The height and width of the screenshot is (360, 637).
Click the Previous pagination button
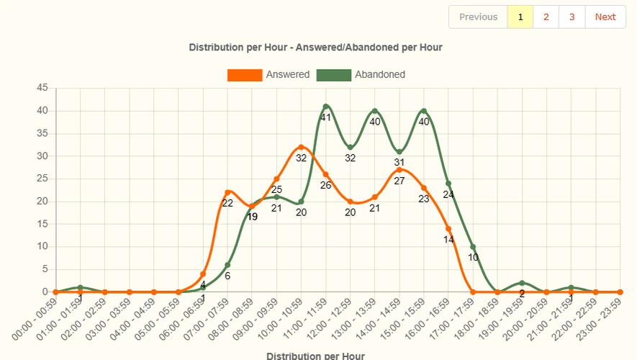coord(478,17)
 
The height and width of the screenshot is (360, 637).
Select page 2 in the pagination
coord(546,17)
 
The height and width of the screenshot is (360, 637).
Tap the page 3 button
coord(572,17)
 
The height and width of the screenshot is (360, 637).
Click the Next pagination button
coord(605,17)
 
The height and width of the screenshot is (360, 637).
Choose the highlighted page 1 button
coord(520,17)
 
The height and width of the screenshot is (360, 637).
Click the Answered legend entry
coord(268,75)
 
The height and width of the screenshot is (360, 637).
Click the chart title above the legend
coord(315,48)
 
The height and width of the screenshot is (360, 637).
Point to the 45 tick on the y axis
coord(42,88)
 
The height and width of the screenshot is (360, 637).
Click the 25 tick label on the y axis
coord(42,179)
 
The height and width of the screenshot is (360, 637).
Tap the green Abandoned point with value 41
coord(326,107)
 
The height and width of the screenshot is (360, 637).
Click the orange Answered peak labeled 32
coord(301,147)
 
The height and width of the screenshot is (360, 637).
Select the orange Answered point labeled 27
coord(399,170)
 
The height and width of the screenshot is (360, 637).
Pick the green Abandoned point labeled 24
coord(448,184)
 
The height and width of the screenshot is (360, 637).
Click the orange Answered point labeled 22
coord(227,192)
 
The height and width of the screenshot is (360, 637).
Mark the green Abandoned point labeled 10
coord(473,247)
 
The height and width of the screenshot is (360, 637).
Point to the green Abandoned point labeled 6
coord(227,265)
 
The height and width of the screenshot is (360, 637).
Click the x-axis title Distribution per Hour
coord(315,356)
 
